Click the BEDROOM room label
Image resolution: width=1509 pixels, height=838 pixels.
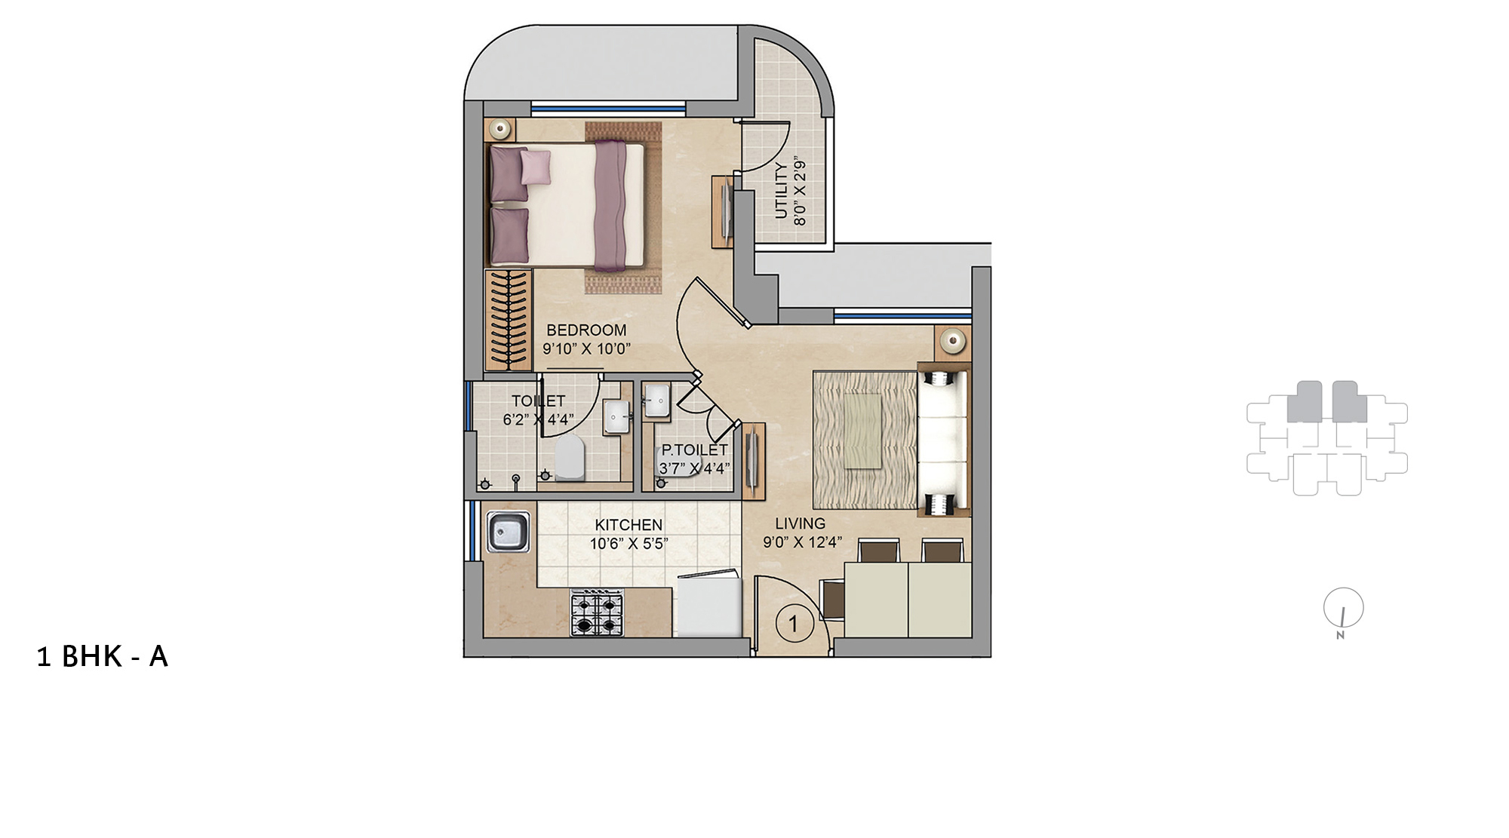(586, 330)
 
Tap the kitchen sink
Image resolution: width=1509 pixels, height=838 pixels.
(509, 532)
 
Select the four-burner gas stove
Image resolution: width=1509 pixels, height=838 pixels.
(597, 612)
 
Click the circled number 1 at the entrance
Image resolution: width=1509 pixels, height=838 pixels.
(793, 624)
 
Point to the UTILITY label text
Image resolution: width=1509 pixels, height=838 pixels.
(782, 190)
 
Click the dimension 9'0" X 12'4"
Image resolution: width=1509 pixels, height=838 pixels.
(801, 542)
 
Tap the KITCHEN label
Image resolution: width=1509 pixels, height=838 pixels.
(628, 525)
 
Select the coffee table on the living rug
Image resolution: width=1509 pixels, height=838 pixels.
(862, 431)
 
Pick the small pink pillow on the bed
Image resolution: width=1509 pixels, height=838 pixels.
(535, 167)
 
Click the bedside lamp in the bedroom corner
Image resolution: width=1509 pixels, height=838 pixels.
(499, 129)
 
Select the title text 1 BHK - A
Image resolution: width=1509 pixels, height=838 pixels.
(103, 657)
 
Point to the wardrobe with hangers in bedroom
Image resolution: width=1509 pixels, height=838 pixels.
(508, 320)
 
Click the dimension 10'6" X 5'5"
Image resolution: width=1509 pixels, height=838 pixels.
(628, 544)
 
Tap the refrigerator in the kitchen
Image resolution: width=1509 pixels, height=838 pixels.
(708, 604)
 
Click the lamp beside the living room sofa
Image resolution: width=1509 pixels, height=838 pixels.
(953, 341)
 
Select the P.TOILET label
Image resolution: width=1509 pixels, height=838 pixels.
(694, 450)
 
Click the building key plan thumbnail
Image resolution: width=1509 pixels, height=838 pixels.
(1327, 437)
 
